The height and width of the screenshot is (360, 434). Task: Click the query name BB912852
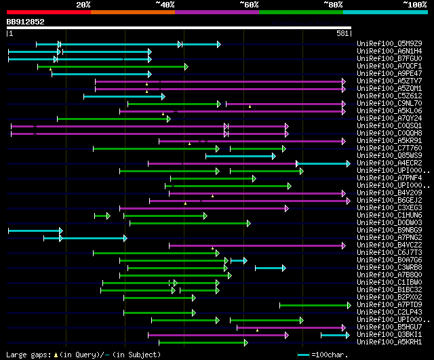coord(26,22)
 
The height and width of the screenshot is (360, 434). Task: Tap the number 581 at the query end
coord(342,33)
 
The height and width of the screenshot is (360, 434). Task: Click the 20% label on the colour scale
coord(83,5)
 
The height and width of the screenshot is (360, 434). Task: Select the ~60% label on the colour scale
coord(249,5)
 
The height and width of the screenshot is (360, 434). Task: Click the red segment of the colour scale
coord(47,12)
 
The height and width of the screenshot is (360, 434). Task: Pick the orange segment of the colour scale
coord(132,12)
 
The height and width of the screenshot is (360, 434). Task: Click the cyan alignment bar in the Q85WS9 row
coord(240,156)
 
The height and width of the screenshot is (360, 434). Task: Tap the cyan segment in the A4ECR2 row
coord(323,163)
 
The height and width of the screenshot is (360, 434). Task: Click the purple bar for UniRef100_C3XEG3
coord(203,208)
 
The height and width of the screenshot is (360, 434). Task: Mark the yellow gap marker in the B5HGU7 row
coord(257,330)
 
